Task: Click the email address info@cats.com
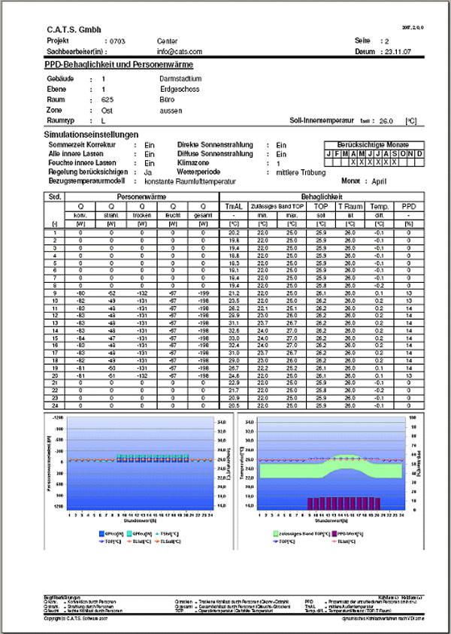180,51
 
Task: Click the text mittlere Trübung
296,172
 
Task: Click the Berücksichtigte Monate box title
372,142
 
